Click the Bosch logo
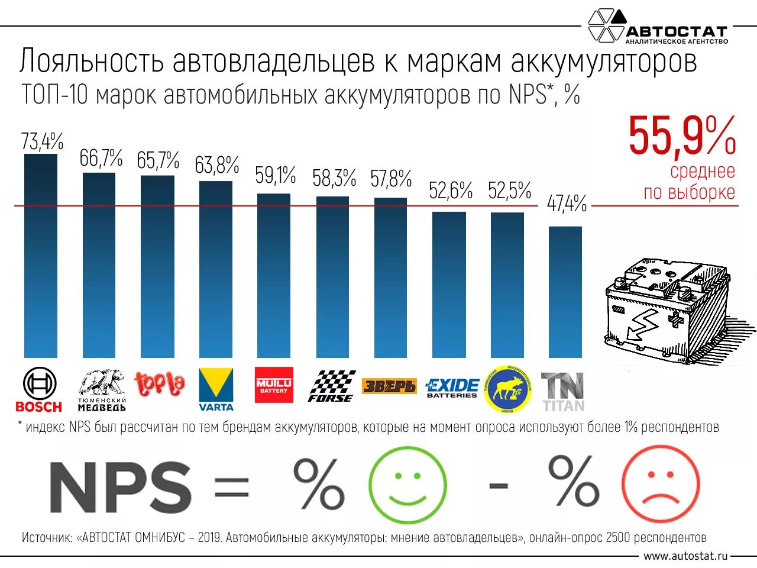click(x=39, y=389)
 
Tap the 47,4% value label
click(x=567, y=204)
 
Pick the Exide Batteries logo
click(x=452, y=388)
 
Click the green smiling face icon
click(x=407, y=485)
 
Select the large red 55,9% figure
click(x=682, y=137)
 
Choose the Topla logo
click(x=160, y=385)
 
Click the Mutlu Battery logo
click(x=274, y=385)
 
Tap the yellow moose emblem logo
click(x=507, y=389)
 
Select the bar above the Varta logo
click(x=216, y=269)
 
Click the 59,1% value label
click(x=275, y=176)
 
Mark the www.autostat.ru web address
click(x=685, y=556)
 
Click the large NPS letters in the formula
click(x=121, y=488)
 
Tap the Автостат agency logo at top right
click(x=658, y=27)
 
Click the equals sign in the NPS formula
click(x=231, y=488)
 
